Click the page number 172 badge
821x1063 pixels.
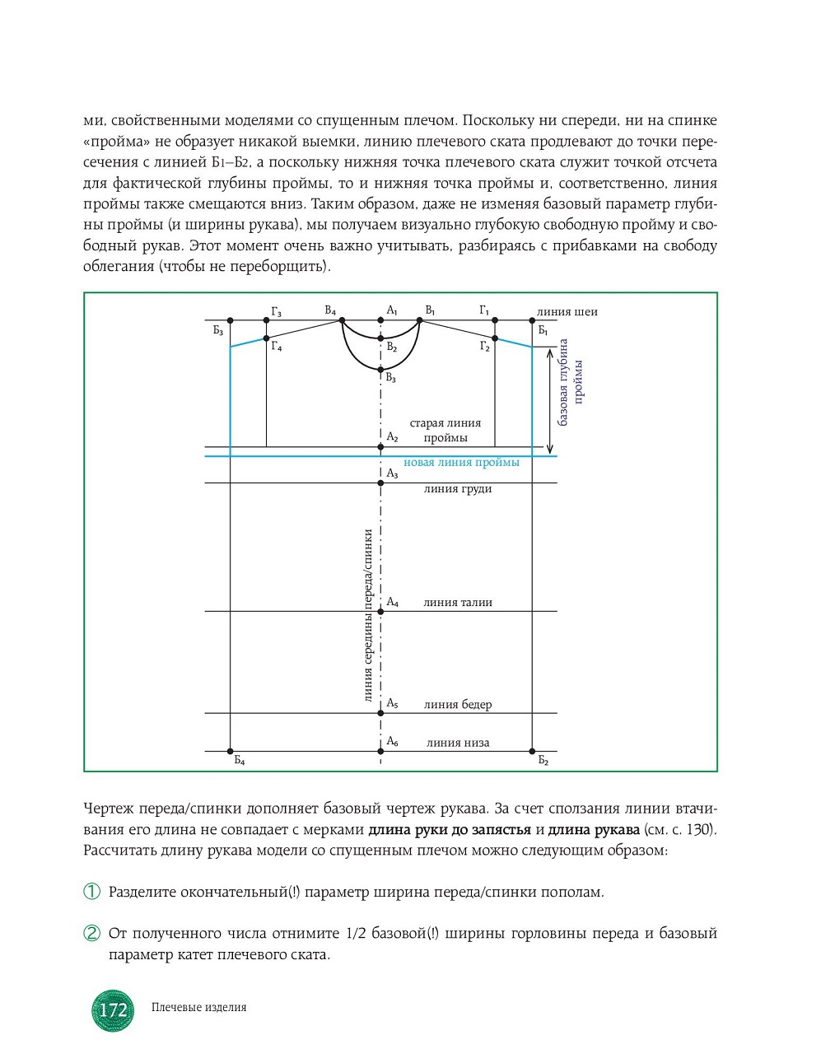pyautogui.click(x=113, y=1010)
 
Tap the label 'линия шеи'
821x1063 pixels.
pyautogui.click(x=567, y=312)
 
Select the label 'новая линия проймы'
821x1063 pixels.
pyautogui.click(x=461, y=463)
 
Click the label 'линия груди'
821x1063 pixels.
pyautogui.click(x=458, y=489)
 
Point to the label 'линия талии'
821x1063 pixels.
pyautogui.click(x=458, y=603)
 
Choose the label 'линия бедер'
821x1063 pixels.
pyautogui.click(x=458, y=705)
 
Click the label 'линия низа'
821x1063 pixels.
pyautogui.click(x=458, y=743)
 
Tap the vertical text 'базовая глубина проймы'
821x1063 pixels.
pyautogui.click(x=571, y=382)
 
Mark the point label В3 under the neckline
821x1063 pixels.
pyautogui.click(x=391, y=378)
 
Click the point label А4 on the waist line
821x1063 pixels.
pyautogui.click(x=393, y=603)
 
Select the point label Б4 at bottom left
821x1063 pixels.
pyautogui.click(x=240, y=761)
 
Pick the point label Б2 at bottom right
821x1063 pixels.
pyautogui.click(x=543, y=761)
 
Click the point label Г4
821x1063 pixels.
pyautogui.click(x=277, y=347)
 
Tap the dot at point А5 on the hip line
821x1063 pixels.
pyautogui.click(x=380, y=713)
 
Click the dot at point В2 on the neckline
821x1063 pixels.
pyautogui.click(x=380, y=338)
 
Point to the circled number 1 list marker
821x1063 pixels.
pyautogui.click(x=92, y=892)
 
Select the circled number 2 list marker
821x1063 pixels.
pyautogui.click(x=92, y=933)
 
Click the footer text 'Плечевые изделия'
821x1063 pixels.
pyautogui.click(x=199, y=1007)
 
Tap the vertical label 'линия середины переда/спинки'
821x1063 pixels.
pyautogui.click(x=368, y=615)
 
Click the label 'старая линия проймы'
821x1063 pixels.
pyautogui.click(x=445, y=431)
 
